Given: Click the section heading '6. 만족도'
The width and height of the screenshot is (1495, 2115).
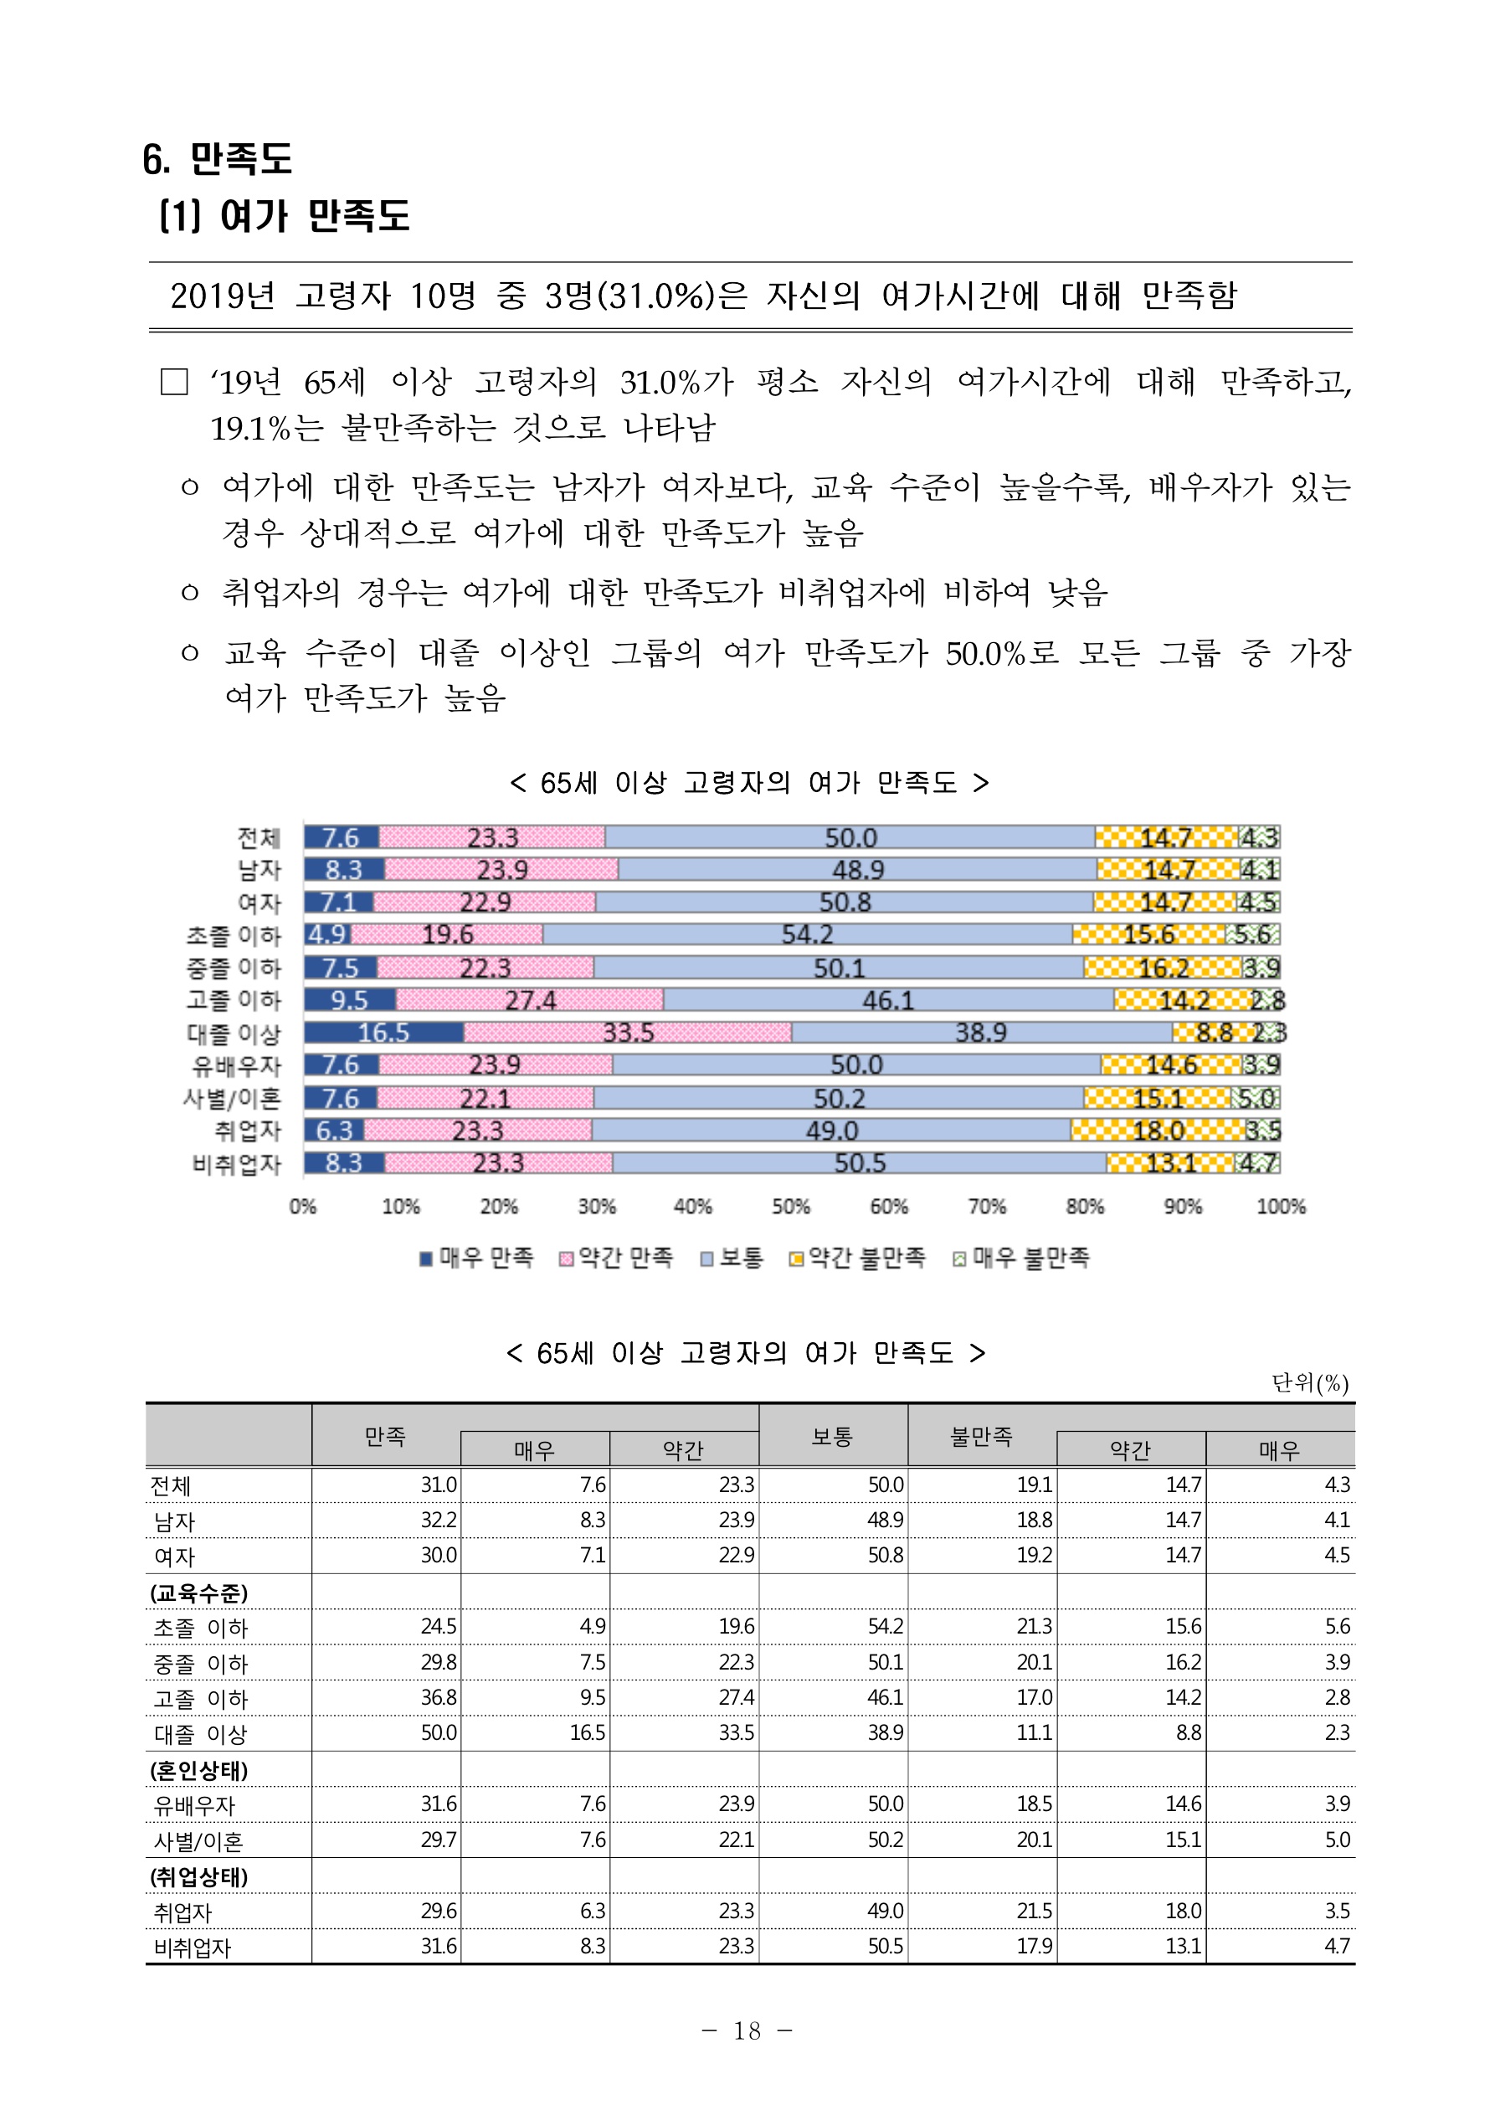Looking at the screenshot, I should [218, 158].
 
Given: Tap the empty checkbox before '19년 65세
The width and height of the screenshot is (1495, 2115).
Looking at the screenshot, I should [174, 381].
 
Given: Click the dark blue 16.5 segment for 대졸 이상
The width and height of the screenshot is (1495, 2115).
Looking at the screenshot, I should [383, 1032].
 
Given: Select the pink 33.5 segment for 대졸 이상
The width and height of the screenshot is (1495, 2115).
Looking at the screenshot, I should [627, 1032].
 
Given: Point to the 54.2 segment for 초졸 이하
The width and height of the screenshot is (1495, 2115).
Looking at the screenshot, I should [807, 935].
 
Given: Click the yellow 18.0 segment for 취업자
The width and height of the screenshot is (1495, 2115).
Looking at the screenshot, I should [1157, 1130].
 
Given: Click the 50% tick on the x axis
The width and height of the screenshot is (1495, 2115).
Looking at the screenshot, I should [790, 1207].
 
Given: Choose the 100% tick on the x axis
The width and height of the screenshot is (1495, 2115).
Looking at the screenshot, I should [1281, 1207].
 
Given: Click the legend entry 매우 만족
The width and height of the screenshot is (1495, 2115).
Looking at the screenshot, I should [477, 1258].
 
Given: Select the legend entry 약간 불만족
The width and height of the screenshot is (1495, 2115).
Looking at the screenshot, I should [858, 1258].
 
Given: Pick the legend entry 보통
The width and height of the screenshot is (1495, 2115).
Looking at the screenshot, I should [732, 1258].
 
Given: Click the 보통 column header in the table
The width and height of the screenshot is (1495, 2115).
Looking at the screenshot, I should [832, 1436].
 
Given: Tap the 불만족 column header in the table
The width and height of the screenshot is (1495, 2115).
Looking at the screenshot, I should [981, 1436].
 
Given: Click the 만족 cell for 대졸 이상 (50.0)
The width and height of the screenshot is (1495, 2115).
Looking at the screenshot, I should [439, 1732].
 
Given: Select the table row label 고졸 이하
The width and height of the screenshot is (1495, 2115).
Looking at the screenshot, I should [201, 1698].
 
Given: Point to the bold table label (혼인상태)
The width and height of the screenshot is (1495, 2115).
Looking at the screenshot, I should [199, 1769].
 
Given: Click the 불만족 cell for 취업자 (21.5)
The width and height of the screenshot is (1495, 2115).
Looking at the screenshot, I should [1035, 1911].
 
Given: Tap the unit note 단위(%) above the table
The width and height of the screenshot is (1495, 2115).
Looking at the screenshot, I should [1310, 1382].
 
